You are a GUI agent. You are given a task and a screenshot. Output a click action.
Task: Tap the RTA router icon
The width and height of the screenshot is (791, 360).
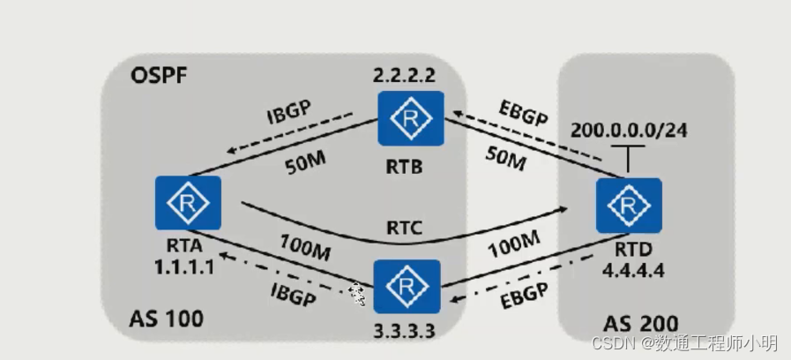pos(187,203)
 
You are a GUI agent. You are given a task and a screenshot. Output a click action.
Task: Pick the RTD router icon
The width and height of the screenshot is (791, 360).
pos(628,205)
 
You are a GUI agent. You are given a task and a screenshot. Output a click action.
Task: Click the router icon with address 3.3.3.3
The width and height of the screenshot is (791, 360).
pos(407,287)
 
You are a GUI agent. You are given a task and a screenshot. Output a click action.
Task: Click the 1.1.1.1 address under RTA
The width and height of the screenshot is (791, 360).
pos(184,264)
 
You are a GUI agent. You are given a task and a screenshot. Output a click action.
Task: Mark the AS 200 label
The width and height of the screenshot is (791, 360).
pos(644,325)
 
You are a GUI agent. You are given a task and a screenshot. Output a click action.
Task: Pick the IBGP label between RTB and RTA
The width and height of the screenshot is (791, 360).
pos(293,117)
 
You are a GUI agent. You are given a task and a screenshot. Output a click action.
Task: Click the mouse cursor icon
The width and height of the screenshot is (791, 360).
pos(358,294)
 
